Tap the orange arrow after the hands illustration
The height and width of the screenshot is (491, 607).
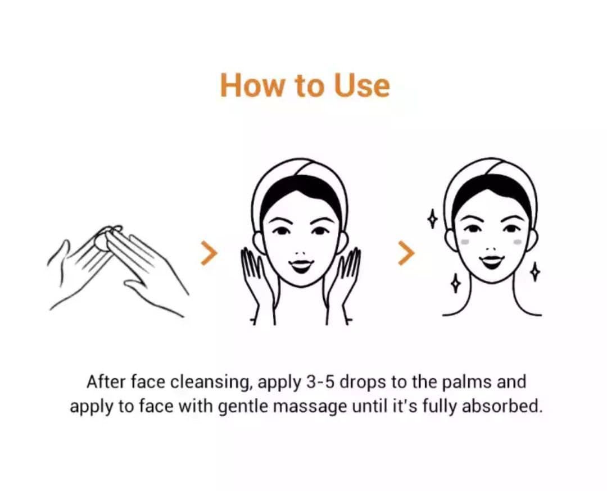(209, 253)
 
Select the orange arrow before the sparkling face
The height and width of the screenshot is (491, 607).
(406, 253)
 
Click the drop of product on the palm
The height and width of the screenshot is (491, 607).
(101, 242)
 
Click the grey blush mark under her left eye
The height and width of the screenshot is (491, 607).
(517, 242)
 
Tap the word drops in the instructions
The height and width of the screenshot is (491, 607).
(363, 383)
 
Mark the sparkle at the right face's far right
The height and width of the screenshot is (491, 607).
(536, 271)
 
